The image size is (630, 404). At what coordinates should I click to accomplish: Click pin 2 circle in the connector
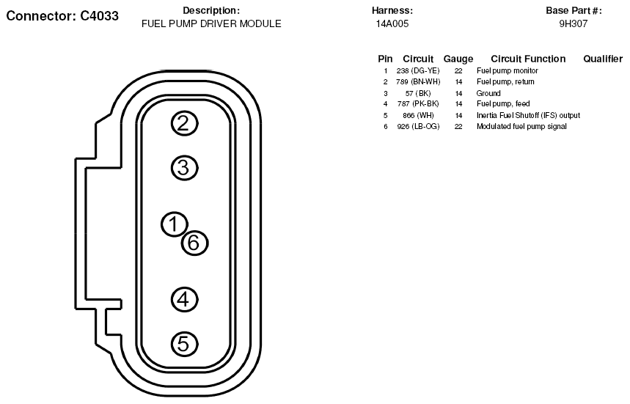[185, 123]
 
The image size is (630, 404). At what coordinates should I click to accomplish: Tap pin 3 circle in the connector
[185, 168]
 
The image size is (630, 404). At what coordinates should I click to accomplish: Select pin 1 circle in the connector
[175, 224]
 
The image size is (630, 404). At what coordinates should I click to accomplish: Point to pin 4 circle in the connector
[185, 299]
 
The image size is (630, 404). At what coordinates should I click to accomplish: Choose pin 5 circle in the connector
[185, 343]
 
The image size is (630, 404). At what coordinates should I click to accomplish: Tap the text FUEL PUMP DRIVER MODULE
[211, 23]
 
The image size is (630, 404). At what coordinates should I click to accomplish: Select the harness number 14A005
[392, 23]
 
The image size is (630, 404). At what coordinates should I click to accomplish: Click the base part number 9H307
[574, 23]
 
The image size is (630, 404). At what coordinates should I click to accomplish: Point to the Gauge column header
[458, 59]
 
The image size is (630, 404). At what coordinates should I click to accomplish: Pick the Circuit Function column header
[528, 59]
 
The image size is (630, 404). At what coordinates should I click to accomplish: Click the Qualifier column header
[603, 59]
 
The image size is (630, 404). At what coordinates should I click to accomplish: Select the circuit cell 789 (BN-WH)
[418, 82]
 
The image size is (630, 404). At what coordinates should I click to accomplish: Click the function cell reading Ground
[488, 94]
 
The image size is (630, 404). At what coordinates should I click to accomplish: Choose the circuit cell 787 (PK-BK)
[418, 104]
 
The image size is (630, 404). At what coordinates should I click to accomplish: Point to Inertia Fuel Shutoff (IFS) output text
[528, 116]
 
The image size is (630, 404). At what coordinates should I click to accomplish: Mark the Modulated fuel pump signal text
[521, 127]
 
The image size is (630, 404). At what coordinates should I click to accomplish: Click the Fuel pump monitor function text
[508, 71]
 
